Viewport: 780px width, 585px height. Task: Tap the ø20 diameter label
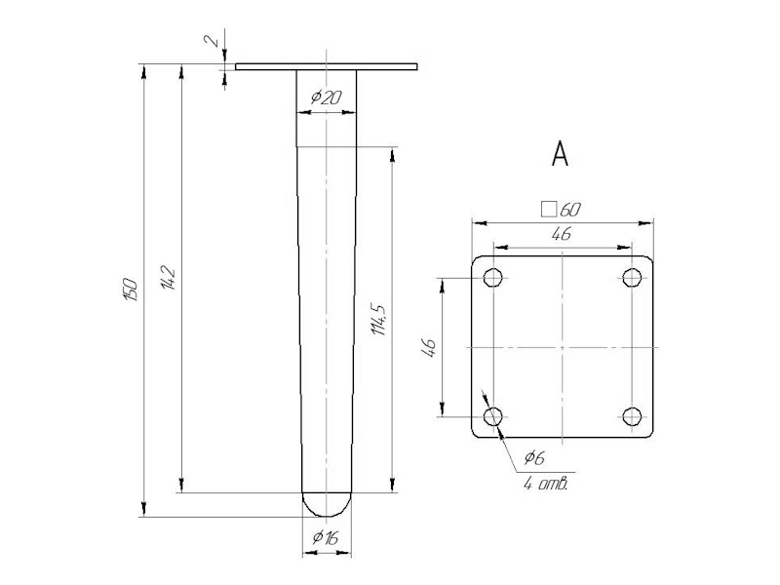click(x=326, y=97)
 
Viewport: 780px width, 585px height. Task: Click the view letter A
click(x=560, y=153)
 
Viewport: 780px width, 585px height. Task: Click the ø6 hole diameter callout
click(x=533, y=457)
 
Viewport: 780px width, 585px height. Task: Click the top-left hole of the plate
click(x=493, y=279)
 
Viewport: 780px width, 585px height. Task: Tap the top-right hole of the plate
click(x=633, y=279)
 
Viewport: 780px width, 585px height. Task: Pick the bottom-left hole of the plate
click(x=493, y=417)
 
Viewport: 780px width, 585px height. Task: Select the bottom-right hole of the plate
click(x=633, y=417)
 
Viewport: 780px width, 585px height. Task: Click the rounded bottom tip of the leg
click(x=326, y=505)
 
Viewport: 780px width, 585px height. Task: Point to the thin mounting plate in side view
click(x=326, y=67)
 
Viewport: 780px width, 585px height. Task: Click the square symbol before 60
click(x=548, y=209)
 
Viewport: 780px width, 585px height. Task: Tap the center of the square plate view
click(x=563, y=348)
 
